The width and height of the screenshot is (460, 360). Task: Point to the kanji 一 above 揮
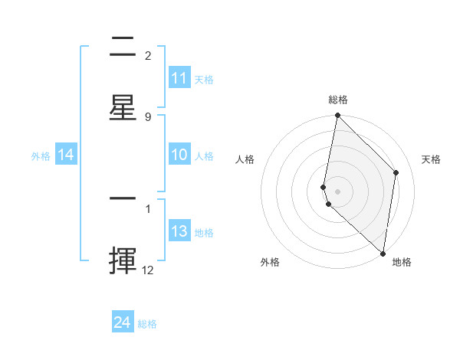point(123,198)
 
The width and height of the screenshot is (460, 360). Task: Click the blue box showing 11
point(179,78)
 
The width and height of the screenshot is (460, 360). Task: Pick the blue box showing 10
point(179,155)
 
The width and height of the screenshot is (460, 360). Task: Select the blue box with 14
point(66,155)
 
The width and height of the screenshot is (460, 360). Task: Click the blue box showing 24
point(123,322)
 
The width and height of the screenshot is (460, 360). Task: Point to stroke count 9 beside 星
point(147,116)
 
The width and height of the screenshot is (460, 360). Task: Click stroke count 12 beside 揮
point(148,269)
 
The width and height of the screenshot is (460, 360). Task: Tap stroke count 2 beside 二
point(147,56)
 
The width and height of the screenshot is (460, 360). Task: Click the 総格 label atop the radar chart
point(338,100)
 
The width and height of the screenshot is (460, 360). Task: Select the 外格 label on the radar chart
point(270,262)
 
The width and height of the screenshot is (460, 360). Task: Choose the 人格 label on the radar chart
point(245,159)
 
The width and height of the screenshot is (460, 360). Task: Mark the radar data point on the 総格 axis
point(337,116)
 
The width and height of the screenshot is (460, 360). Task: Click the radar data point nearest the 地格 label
point(383,253)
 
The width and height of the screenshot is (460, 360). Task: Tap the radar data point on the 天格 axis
point(396,172)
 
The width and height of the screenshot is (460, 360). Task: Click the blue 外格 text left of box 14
point(41,156)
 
